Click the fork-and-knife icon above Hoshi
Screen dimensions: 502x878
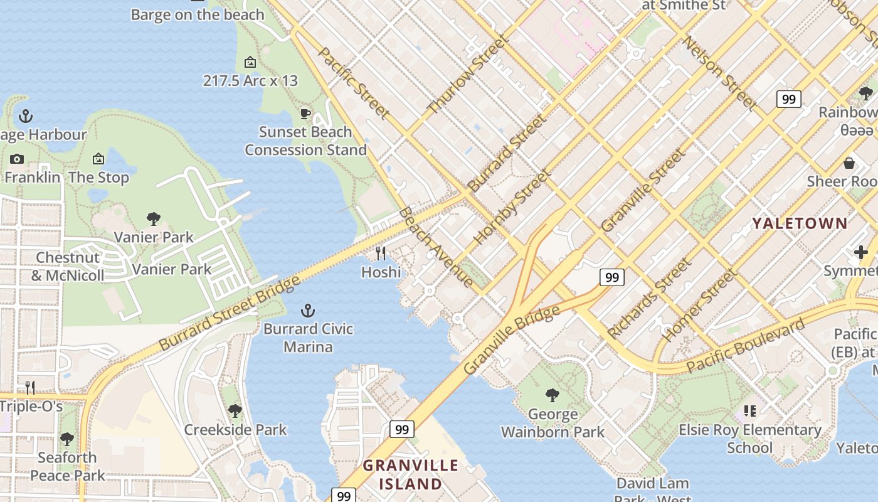381,253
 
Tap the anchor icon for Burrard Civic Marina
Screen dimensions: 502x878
308,310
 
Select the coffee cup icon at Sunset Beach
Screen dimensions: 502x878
305,114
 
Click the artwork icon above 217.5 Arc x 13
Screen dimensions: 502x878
250,62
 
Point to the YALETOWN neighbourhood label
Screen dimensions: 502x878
800,223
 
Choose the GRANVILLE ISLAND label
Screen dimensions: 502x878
411,474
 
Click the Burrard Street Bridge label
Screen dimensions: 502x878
230,312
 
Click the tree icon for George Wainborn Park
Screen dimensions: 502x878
552,395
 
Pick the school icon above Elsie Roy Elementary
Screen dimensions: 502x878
749,411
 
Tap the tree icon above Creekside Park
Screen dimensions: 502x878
235,411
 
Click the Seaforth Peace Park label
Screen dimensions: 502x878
67,466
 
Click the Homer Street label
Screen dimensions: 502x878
701,305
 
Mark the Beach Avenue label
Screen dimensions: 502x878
436,247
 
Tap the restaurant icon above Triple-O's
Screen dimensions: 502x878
29,387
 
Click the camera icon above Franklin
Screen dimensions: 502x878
17,159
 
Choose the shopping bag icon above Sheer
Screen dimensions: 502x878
849,163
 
